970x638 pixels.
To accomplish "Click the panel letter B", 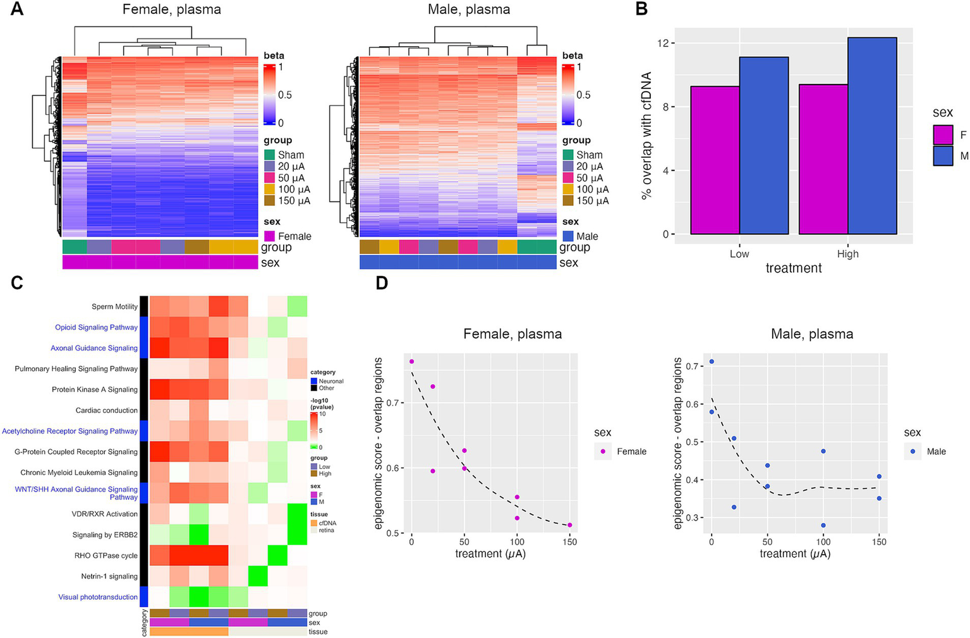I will tap(641, 9).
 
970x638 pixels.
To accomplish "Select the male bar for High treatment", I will tap(872, 136).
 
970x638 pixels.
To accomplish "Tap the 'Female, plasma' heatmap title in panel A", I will tap(171, 9).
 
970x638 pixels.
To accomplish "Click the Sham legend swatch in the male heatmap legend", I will tap(568, 155).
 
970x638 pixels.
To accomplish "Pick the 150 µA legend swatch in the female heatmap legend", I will tap(270, 201).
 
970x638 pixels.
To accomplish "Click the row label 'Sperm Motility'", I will tap(114, 306).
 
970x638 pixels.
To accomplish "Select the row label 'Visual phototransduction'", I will tap(98, 597).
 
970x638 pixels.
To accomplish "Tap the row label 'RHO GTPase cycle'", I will tap(106, 556).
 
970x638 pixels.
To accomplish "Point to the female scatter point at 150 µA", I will tap(569, 525).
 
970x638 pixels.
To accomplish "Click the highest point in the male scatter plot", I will tap(712, 361).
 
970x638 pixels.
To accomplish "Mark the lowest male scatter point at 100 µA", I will tap(823, 525).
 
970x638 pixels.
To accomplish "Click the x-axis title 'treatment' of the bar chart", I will tap(794, 268).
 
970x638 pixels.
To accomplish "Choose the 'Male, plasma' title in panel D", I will tap(812, 334).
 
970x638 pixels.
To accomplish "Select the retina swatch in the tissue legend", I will tap(314, 530).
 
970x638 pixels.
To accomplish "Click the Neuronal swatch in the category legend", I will tap(314, 381).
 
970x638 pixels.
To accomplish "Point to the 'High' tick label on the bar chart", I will tap(847, 254).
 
